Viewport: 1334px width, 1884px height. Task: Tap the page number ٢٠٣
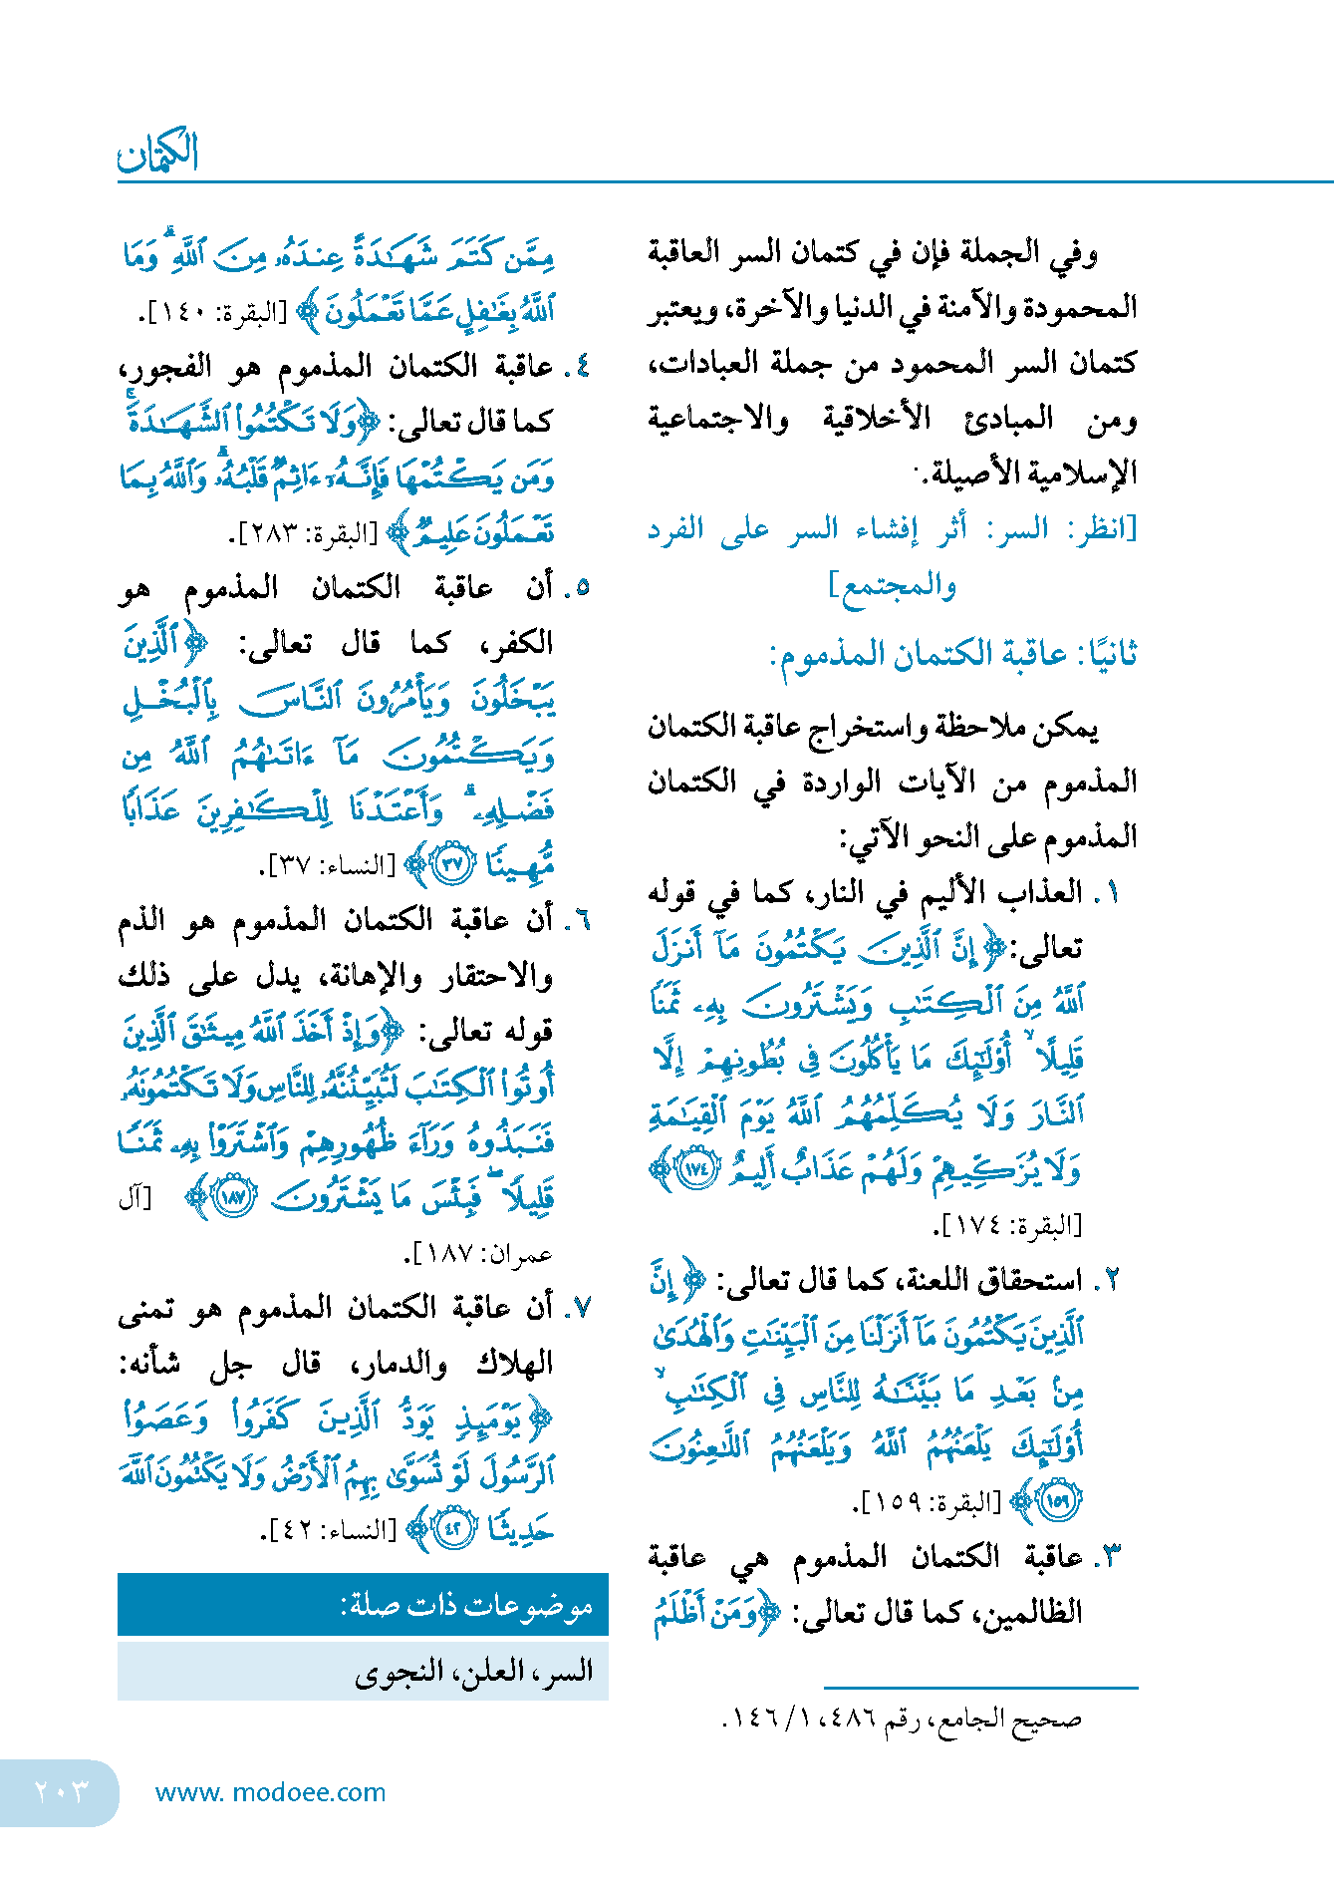tap(62, 1791)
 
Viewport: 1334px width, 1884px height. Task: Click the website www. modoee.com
tap(270, 1792)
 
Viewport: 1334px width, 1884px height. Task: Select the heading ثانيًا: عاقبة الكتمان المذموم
tap(952, 655)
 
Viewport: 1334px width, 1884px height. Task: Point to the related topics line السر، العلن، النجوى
tap(473, 1671)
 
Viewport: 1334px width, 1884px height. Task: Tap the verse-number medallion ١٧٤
tap(694, 1168)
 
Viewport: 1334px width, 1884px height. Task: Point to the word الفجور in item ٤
tap(165, 367)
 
